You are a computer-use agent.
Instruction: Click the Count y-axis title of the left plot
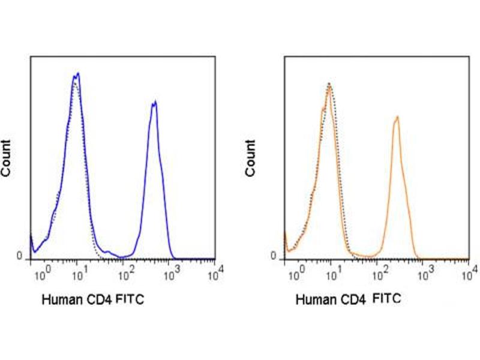coord(7,157)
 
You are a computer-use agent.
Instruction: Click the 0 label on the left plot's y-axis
coord(19,256)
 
